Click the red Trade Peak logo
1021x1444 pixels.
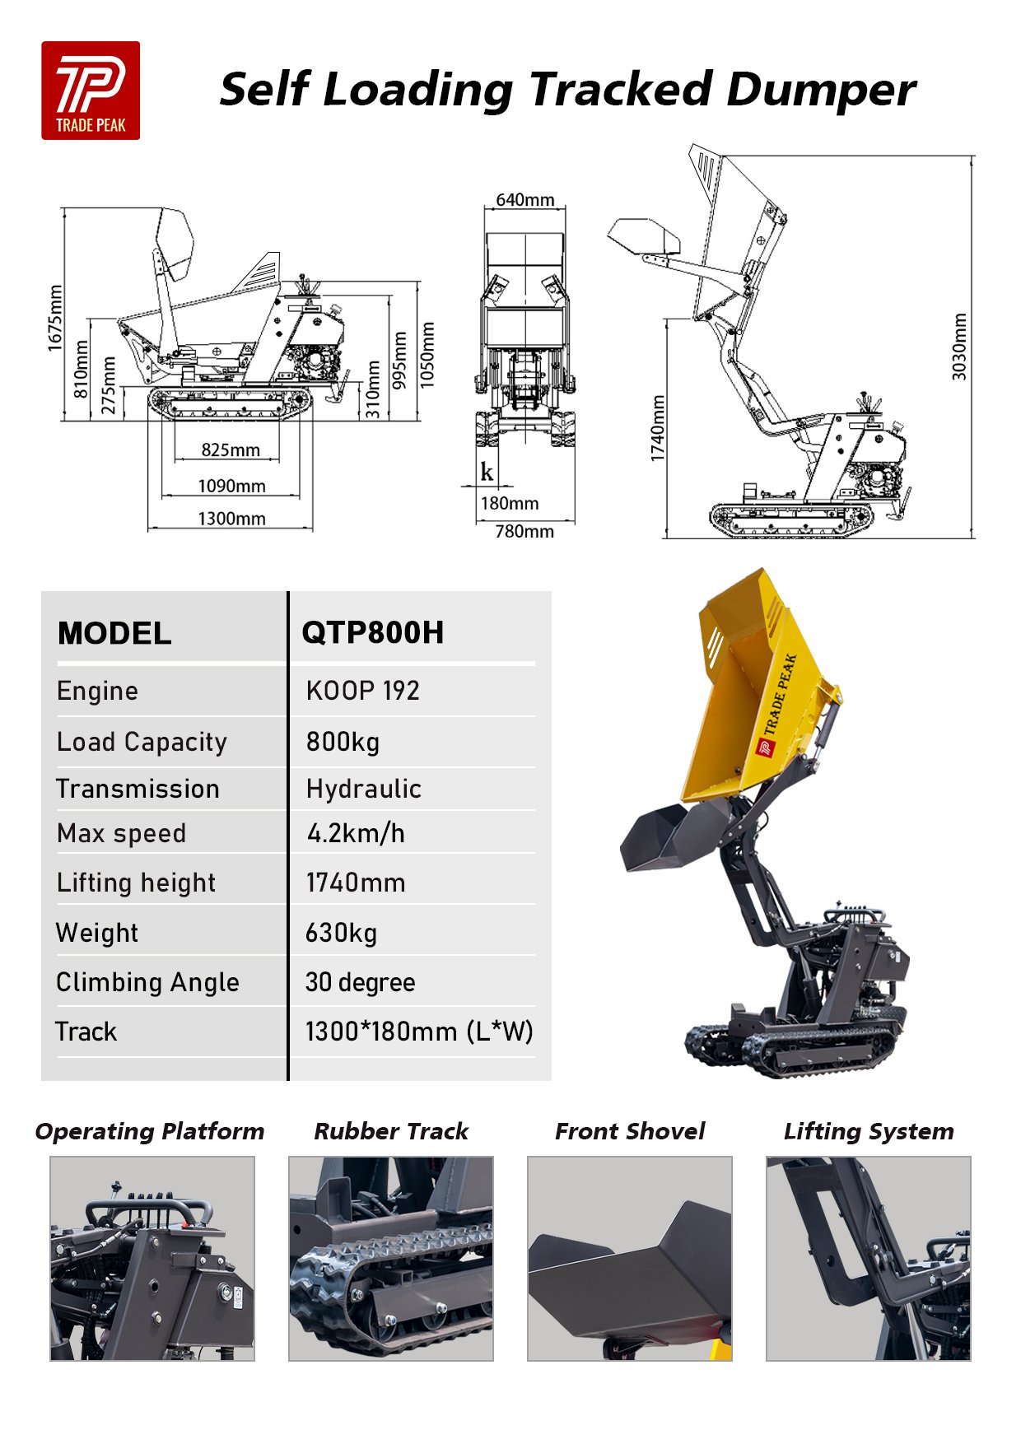(x=91, y=91)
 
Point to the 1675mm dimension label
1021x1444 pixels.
(x=55, y=318)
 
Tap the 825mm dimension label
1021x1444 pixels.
(x=231, y=450)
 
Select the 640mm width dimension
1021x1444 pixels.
(x=524, y=200)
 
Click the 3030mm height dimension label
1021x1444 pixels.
(x=959, y=346)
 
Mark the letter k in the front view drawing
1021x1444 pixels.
(x=487, y=472)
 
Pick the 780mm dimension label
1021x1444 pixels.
(x=524, y=532)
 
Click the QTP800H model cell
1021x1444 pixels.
(x=372, y=633)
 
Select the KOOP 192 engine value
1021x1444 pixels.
(x=362, y=691)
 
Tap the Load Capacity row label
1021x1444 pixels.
(x=142, y=742)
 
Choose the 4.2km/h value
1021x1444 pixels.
(x=356, y=833)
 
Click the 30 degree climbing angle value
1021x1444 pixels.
(x=360, y=982)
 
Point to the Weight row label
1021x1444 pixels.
(x=97, y=933)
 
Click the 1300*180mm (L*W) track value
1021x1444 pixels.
(x=418, y=1032)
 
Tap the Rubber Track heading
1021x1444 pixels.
(x=390, y=1131)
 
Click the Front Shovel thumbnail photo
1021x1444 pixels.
(x=629, y=1258)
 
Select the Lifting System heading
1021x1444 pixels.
(x=868, y=1131)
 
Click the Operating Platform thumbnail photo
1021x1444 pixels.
(x=152, y=1258)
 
